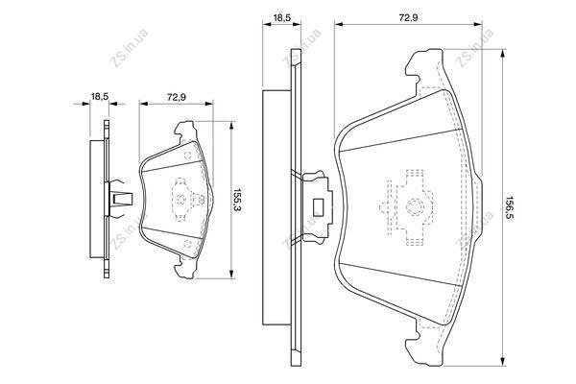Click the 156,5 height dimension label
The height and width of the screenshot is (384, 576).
[510, 208]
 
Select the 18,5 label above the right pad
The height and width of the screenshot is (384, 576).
[281, 18]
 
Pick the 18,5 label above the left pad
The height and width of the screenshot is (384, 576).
[99, 97]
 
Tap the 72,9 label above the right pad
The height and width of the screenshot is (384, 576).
[409, 17]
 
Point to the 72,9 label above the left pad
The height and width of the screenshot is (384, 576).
[177, 97]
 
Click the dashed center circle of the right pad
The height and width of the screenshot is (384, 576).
[415, 207]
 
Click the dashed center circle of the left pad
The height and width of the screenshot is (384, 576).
[180, 200]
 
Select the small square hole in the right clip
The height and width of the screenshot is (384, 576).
[317, 206]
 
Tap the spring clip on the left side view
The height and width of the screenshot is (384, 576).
[120, 199]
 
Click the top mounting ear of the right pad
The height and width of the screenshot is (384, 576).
[424, 70]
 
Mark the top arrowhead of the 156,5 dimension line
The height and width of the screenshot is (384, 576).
[502, 53]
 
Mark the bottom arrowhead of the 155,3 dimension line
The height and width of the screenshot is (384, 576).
[231, 275]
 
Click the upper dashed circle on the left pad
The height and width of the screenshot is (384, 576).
[187, 156]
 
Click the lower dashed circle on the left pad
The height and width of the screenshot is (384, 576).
[187, 244]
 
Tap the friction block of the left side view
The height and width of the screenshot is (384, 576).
[97, 199]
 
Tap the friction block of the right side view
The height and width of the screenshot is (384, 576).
[276, 207]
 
